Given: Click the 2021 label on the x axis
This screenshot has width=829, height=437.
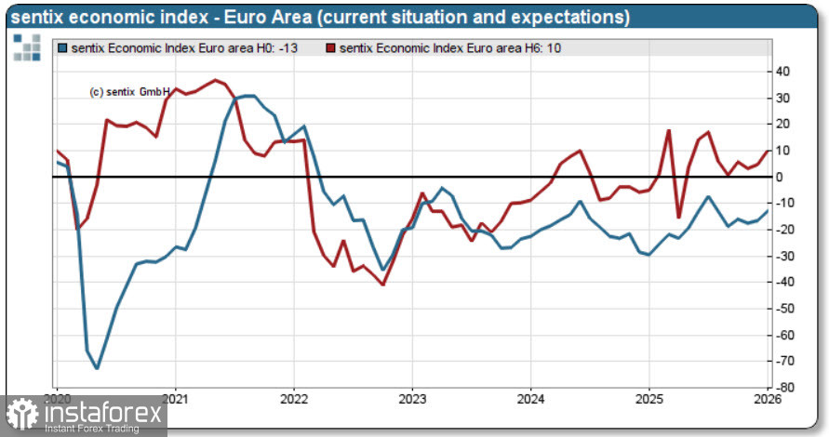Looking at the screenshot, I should (176, 399).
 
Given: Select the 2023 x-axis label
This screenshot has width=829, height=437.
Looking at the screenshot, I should (412, 399).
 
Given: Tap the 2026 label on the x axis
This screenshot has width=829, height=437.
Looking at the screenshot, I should (767, 399).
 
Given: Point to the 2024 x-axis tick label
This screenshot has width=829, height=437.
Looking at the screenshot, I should (530, 399).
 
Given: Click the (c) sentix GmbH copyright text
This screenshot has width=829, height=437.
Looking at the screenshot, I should (129, 92).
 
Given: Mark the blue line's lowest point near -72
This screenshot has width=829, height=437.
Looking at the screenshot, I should (98, 368).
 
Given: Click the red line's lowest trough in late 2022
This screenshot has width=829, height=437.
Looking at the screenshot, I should (382, 285).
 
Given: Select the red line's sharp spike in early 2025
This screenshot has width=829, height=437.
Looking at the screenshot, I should (669, 130).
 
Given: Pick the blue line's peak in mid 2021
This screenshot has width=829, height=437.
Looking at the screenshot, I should (248, 96).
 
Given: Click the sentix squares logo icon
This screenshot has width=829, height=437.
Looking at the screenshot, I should (27, 47).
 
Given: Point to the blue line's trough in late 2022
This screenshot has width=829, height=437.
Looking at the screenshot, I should (382, 270).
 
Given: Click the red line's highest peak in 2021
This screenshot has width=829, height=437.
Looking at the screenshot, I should (216, 80).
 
